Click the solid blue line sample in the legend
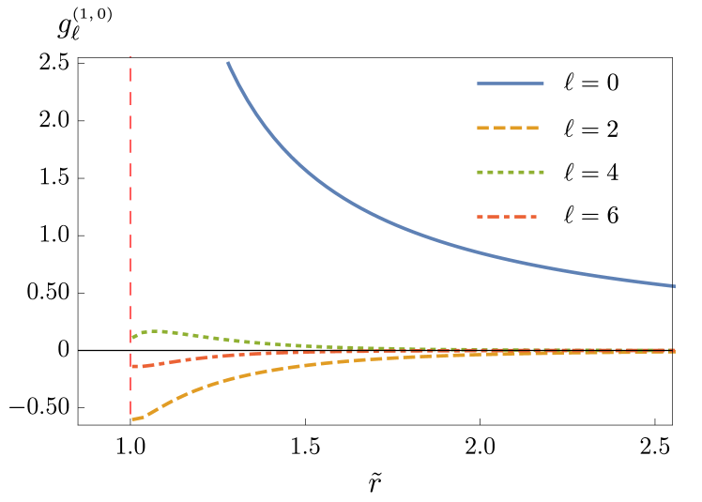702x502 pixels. coord(510,84)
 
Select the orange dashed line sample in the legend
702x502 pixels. coord(508,128)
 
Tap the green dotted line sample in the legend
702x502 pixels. coord(510,173)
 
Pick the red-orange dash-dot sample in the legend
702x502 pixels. coord(507,217)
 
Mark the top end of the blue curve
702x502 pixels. coord(228,63)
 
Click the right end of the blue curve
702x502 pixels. coord(674,285)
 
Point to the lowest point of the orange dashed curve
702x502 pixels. coord(135,418)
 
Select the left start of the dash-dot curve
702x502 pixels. coord(132,367)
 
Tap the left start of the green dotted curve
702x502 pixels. coord(132,338)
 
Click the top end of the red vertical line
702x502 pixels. coord(130,57)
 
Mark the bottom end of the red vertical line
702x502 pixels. coord(130,414)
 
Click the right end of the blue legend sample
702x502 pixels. coord(543,84)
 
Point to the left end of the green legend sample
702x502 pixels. coord(478,173)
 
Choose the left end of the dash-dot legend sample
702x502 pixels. coord(478,217)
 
